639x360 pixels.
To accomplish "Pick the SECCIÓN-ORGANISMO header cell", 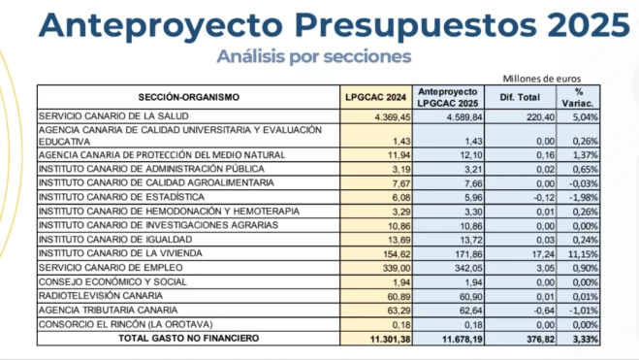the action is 189,97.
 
